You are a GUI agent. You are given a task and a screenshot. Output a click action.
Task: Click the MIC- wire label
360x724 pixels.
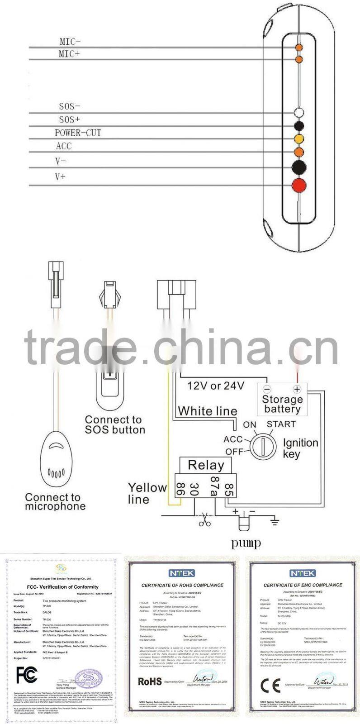pos(70,42)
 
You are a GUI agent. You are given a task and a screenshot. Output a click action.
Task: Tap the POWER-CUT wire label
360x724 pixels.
pos(78,133)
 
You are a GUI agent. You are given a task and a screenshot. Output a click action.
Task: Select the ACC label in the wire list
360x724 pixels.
pos(64,146)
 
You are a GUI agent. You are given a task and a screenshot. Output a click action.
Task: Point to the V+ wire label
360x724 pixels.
pos(60,176)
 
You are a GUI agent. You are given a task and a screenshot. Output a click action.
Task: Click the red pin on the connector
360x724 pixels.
pos(298,185)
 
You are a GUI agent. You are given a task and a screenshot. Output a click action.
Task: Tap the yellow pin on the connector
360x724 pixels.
pos(298,138)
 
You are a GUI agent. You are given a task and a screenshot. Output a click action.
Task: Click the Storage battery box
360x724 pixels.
pos(282,400)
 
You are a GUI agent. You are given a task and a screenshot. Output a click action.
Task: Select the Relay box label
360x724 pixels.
pos(206,465)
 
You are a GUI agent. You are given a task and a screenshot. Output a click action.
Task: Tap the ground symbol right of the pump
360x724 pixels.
pos(274,522)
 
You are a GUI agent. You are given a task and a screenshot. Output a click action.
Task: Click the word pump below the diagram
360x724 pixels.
pos(246,543)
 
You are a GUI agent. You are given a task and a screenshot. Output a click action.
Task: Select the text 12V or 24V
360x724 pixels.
pos(216,386)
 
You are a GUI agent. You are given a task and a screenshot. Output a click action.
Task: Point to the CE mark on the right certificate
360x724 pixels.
pos(270,686)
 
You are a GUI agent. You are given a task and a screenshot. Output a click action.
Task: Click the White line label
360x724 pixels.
pos(208,411)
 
